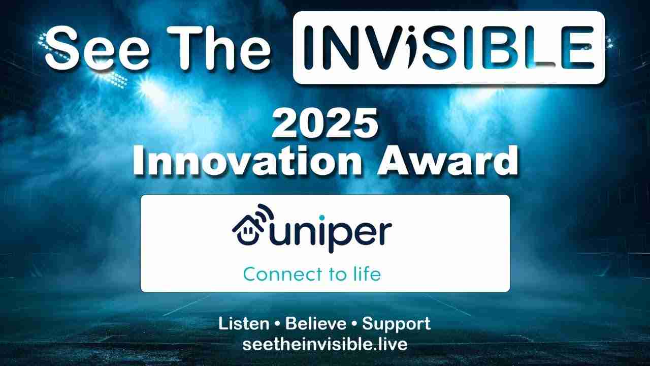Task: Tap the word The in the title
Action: click(x=220, y=48)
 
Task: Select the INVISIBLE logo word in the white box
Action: click(x=448, y=47)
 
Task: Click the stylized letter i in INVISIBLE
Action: click(x=413, y=47)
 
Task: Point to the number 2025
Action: click(x=325, y=123)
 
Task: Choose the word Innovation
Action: click(x=247, y=161)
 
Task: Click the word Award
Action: click(x=447, y=161)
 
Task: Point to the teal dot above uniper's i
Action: click(x=322, y=217)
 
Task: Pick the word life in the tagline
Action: click(x=367, y=273)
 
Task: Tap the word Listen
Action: click(x=244, y=324)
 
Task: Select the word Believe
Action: click(x=316, y=324)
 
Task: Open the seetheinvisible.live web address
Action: click(x=324, y=345)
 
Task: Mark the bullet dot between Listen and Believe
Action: click(x=277, y=324)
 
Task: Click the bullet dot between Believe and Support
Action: click(x=354, y=324)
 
